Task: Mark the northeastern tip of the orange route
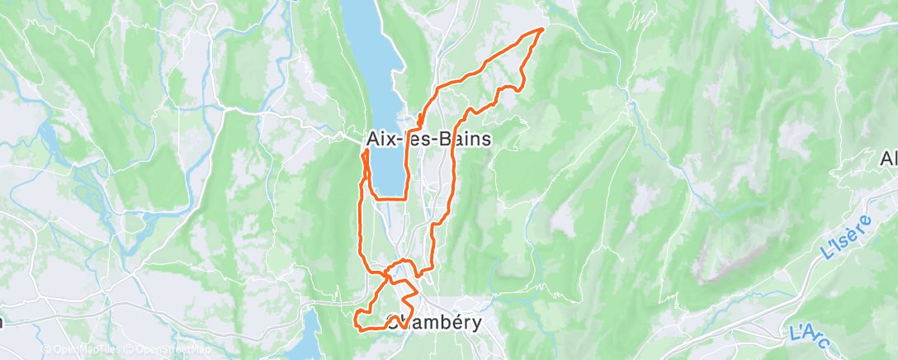[542, 29]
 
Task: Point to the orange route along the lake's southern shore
[389, 198]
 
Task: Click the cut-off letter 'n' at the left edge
[2, 322]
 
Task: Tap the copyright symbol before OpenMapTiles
[47, 350]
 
